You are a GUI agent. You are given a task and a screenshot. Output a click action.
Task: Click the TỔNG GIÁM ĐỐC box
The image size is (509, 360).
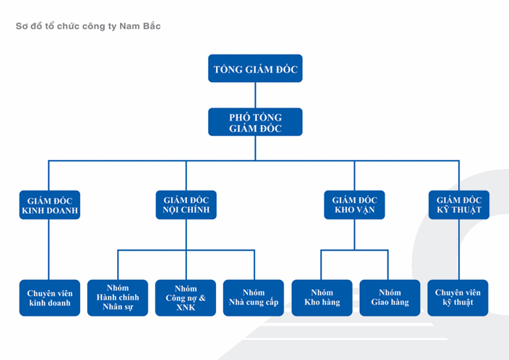point(255,69)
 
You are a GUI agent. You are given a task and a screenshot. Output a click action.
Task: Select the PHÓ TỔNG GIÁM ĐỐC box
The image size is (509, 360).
point(255,122)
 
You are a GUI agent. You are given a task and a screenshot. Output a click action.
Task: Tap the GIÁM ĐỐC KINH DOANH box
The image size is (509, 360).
point(49,205)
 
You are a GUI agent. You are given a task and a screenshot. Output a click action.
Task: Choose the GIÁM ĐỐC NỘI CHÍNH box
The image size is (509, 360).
point(186,205)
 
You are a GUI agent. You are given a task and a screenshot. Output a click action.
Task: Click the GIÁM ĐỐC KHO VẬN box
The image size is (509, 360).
point(354,205)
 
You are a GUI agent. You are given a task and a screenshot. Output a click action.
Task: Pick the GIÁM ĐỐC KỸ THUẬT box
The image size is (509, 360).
point(459,205)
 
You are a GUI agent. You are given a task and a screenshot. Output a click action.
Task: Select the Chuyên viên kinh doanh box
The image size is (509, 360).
point(49,297)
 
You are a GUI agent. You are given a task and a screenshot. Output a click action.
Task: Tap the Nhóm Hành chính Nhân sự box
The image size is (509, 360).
point(118,297)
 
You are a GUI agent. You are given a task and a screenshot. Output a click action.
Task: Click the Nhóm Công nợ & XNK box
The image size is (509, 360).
point(186,297)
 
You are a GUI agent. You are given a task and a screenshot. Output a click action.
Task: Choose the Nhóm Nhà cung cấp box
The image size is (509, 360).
point(254,297)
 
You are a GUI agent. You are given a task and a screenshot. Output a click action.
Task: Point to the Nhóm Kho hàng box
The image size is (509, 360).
point(322,297)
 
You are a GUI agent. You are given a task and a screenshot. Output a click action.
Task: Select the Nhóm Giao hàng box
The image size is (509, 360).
point(390,297)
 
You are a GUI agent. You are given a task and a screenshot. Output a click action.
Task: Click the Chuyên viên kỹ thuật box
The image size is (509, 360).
point(459,297)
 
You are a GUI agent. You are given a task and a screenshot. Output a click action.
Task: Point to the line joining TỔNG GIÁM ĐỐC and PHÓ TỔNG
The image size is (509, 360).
point(255,95)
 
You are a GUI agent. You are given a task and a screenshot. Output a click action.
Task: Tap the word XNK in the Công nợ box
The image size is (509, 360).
point(186,307)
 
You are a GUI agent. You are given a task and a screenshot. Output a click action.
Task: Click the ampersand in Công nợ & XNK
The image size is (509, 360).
point(201,298)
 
